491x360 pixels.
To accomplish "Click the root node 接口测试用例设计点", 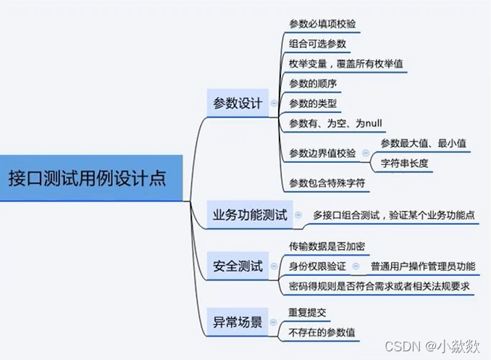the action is [85, 177].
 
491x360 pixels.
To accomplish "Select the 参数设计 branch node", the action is [237, 103].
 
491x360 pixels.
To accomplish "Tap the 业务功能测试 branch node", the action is [250, 215].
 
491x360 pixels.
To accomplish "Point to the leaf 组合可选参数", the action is [317, 43].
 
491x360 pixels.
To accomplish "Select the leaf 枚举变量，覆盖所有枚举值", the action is [346, 63].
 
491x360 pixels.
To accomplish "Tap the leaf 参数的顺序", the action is [312, 83].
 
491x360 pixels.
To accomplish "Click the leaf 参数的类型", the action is [312, 103].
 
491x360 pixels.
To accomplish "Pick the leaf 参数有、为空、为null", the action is [330, 122].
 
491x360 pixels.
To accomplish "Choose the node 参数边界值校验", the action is [322, 153].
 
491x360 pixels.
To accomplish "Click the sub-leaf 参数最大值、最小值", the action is [423, 143].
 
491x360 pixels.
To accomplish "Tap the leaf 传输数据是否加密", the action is [322, 246].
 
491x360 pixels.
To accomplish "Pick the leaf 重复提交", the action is [307, 314].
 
